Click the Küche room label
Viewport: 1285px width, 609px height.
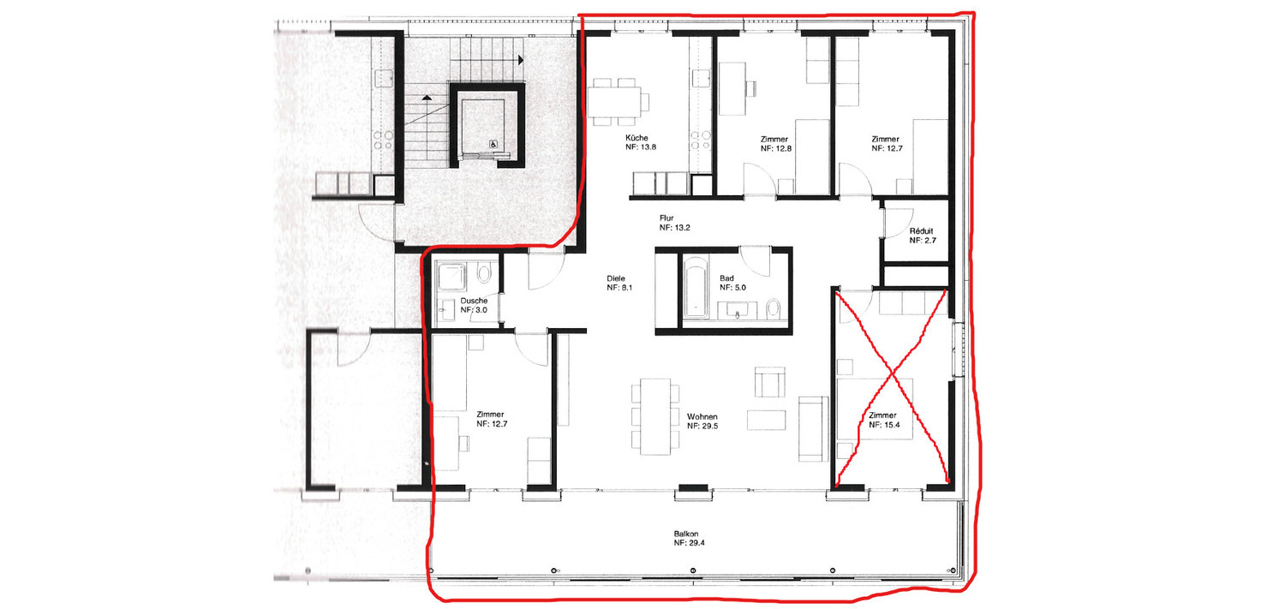(637, 138)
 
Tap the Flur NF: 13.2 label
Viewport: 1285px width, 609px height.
(675, 223)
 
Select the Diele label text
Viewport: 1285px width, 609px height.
(616, 278)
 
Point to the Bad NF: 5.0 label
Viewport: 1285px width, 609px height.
(732, 283)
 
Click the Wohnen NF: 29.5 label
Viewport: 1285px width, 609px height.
(702, 421)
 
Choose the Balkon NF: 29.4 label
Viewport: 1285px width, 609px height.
(689, 538)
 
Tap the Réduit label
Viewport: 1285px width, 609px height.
(921, 231)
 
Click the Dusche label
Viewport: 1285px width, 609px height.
(474, 301)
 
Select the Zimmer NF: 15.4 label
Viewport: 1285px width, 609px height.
(884, 420)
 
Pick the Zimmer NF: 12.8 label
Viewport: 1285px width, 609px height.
(775, 143)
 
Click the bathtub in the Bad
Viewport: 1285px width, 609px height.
(696, 287)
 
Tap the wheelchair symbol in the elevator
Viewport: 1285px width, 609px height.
(493, 144)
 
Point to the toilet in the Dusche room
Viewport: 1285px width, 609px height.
(485, 273)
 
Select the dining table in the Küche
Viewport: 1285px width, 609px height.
(613, 101)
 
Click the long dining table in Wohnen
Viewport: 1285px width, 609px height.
(655, 415)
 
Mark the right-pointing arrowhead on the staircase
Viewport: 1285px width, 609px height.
(521, 60)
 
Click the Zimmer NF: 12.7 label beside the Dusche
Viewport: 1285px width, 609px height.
(492, 419)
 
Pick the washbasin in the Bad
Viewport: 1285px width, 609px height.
(737, 311)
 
